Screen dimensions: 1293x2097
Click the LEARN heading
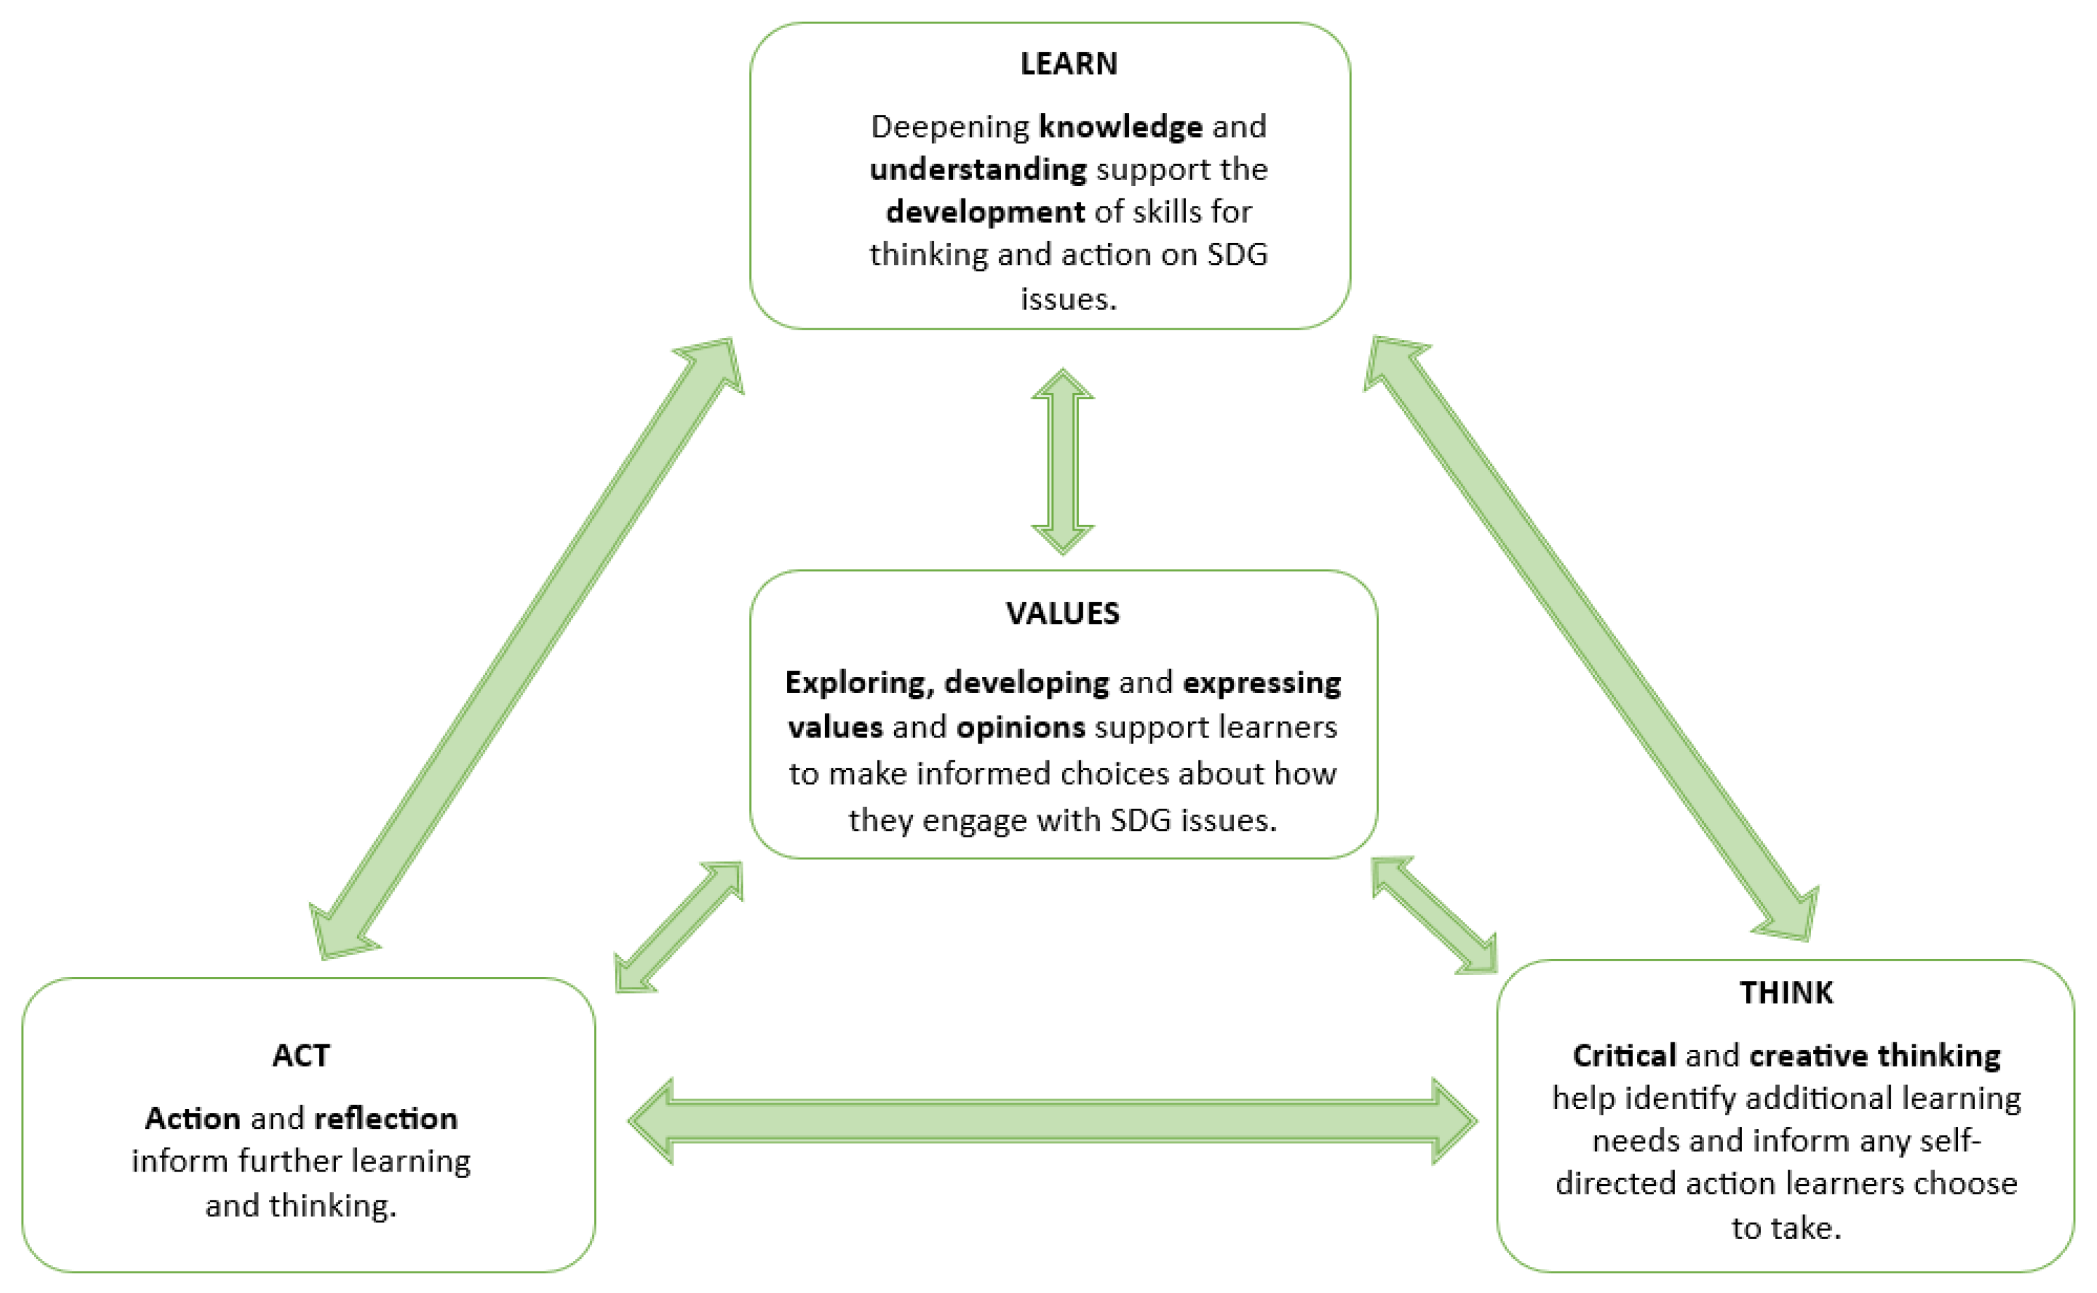tap(1068, 64)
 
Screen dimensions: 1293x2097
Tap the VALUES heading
tap(1062, 613)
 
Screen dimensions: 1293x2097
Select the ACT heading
tap(301, 1055)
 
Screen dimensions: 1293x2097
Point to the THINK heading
tap(1786, 993)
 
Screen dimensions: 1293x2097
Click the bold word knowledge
tap(1121, 127)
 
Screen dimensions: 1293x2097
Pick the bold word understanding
tap(978, 169)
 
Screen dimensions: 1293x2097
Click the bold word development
tap(985, 211)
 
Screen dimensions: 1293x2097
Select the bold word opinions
tap(1021, 727)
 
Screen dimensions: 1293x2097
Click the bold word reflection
tap(386, 1119)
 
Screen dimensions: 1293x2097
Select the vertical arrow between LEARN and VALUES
tap(1062, 462)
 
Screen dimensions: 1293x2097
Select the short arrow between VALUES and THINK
tap(1435, 915)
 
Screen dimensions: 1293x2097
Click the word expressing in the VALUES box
tap(1262, 683)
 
